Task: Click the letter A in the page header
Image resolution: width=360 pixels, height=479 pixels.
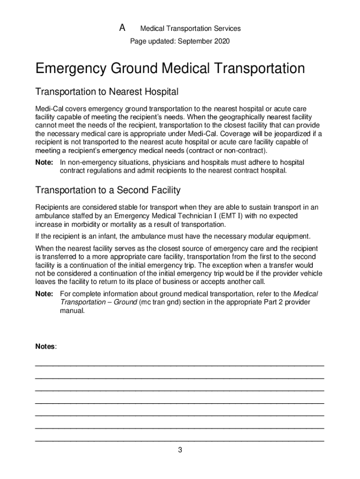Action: click(122, 28)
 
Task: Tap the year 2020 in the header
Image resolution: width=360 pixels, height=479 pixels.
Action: click(222, 42)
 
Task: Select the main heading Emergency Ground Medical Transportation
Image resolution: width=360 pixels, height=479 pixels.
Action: click(170, 69)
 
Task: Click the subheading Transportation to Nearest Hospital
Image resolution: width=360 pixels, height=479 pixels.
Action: click(107, 91)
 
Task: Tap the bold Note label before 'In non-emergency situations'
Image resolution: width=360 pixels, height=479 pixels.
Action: click(44, 162)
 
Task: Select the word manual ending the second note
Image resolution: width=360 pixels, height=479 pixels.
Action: click(72, 311)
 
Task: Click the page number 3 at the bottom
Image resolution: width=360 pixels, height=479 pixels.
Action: click(180, 450)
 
